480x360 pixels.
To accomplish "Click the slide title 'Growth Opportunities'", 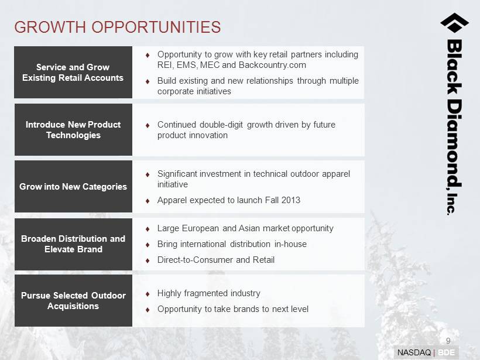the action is [117, 27].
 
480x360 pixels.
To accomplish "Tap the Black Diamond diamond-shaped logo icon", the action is [454, 23].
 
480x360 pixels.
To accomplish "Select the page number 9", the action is [448, 341].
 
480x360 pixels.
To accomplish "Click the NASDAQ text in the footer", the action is [414, 352].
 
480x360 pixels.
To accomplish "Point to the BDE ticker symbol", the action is [447, 352].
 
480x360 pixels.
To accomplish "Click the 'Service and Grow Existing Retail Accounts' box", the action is [73, 72].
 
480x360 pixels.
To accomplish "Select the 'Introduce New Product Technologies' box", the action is [73, 129].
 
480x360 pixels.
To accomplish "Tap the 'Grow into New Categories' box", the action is [73, 186].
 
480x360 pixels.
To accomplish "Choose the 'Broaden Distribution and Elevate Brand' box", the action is [73, 244].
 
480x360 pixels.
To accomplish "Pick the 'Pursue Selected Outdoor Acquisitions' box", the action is [73, 301].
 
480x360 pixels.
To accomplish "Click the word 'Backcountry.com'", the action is [272, 65].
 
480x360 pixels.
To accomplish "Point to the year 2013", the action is [291, 200].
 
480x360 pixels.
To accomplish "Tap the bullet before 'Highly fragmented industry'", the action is [148, 294].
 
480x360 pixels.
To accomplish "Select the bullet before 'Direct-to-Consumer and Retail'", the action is [148, 260].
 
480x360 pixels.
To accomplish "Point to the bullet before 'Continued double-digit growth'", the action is [148, 125].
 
